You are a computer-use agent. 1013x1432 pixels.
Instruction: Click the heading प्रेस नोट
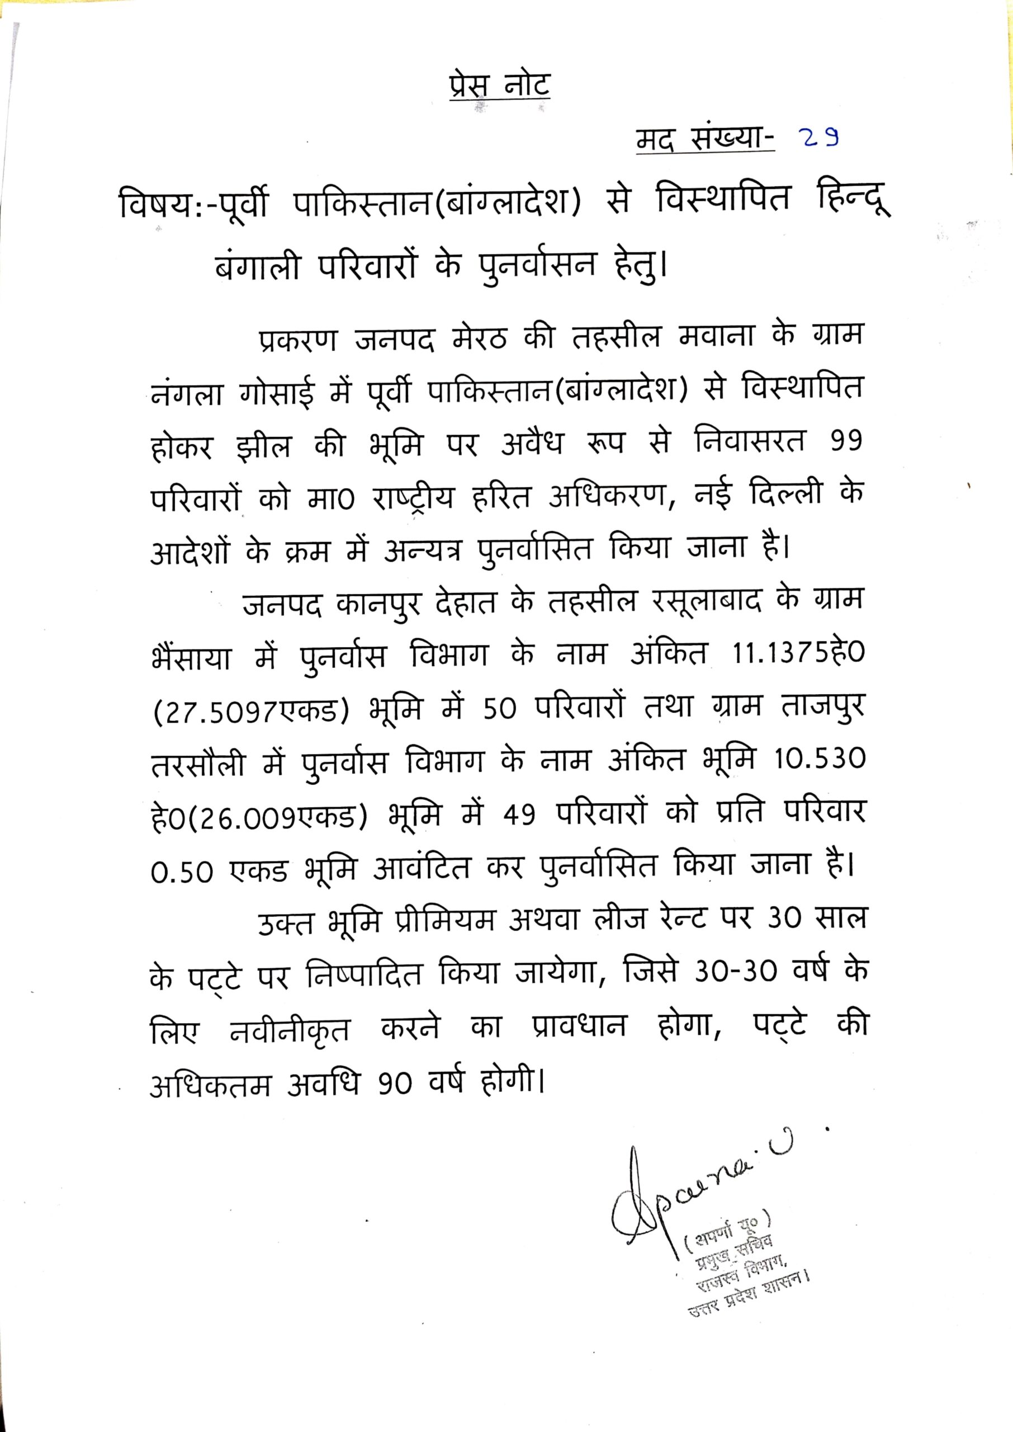tap(499, 86)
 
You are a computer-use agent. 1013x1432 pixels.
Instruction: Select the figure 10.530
tap(820, 760)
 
